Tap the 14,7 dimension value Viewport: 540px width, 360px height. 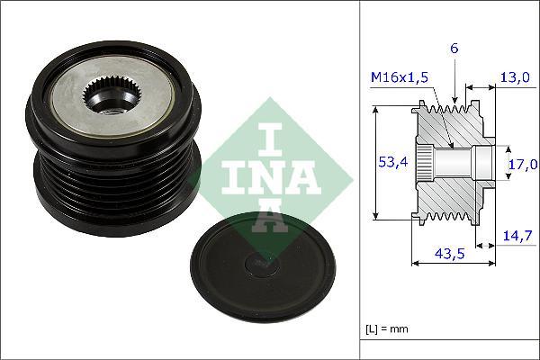[517, 236]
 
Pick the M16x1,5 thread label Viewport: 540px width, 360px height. [400, 77]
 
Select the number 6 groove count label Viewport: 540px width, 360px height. [455, 49]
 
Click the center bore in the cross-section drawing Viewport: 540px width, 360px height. [454, 163]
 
